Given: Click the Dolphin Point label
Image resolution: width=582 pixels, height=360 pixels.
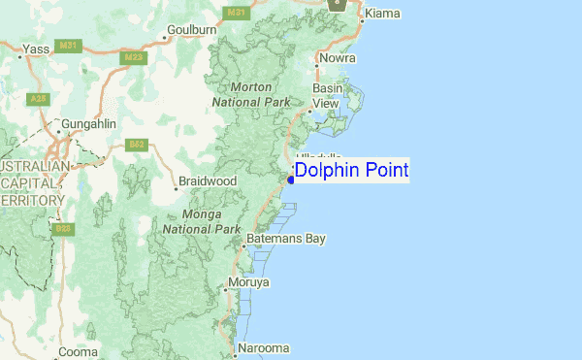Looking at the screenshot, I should [351, 171].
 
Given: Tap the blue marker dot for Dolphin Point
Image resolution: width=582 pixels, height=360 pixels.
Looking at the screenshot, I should [290, 179].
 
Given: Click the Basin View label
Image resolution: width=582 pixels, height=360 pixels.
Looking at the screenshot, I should [326, 95].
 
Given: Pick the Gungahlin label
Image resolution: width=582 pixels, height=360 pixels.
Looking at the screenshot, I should [88, 124].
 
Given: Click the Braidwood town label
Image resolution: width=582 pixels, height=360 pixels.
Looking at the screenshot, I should [207, 181].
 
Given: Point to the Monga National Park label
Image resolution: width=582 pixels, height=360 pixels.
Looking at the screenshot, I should [201, 221].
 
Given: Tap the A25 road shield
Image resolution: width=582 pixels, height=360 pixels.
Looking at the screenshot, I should [38, 98].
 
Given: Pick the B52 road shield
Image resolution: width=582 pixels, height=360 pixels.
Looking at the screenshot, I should [137, 145].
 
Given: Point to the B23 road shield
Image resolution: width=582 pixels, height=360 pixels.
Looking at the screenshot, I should [64, 229].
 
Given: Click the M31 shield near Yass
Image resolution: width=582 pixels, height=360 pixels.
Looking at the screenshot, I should [67, 46].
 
